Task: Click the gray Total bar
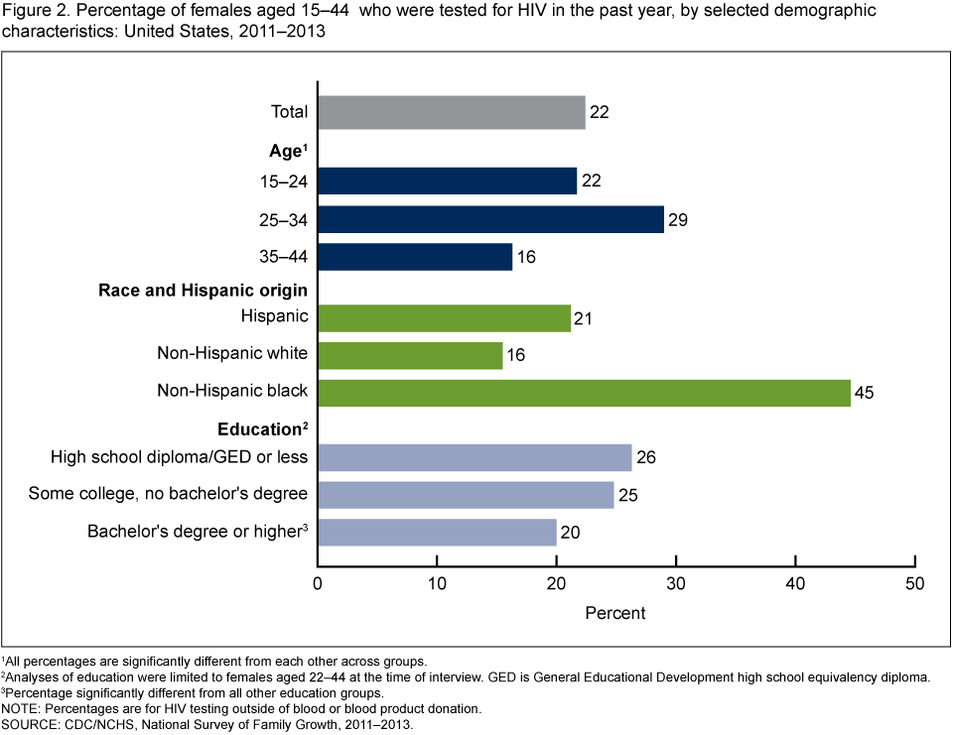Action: (451, 112)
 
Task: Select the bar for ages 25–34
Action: (490, 219)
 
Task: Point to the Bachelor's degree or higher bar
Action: (437, 532)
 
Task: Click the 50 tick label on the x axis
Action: (914, 584)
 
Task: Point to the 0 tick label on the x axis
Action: (318, 584)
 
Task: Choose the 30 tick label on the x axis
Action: (676, 584)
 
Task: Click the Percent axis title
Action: (615, 613)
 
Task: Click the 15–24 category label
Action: (282, 181)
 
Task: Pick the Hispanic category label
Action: (274, 316)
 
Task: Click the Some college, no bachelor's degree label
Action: (168, 494)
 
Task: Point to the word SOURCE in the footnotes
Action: (31, 725)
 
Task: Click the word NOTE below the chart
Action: (21, 709)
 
